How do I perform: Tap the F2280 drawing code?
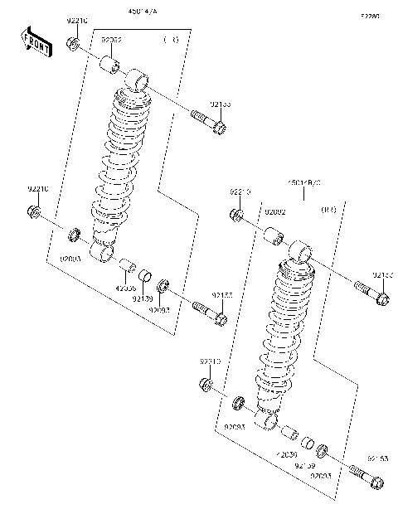[370, 16]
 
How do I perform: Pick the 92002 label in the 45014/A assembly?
[112, 39]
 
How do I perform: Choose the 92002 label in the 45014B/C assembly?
[275, 212]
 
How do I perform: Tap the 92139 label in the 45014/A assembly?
[143, 298]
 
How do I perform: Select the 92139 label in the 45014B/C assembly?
[305, 466]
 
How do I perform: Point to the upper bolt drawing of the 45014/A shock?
[208, 121]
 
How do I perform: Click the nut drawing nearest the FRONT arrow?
[73, 43]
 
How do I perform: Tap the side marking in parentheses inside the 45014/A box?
[171, 39]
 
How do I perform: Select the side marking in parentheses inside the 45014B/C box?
[328, 212]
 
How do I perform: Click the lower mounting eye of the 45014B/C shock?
[268, 424]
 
